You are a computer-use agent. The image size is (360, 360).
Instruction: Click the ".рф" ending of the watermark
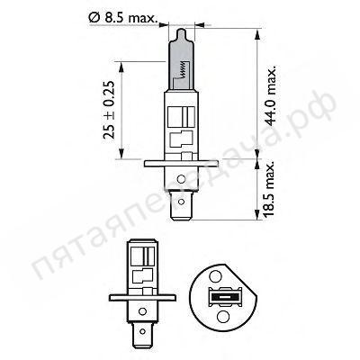pos(319,115)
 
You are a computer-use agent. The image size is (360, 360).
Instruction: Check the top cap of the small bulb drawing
pos(139,243)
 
